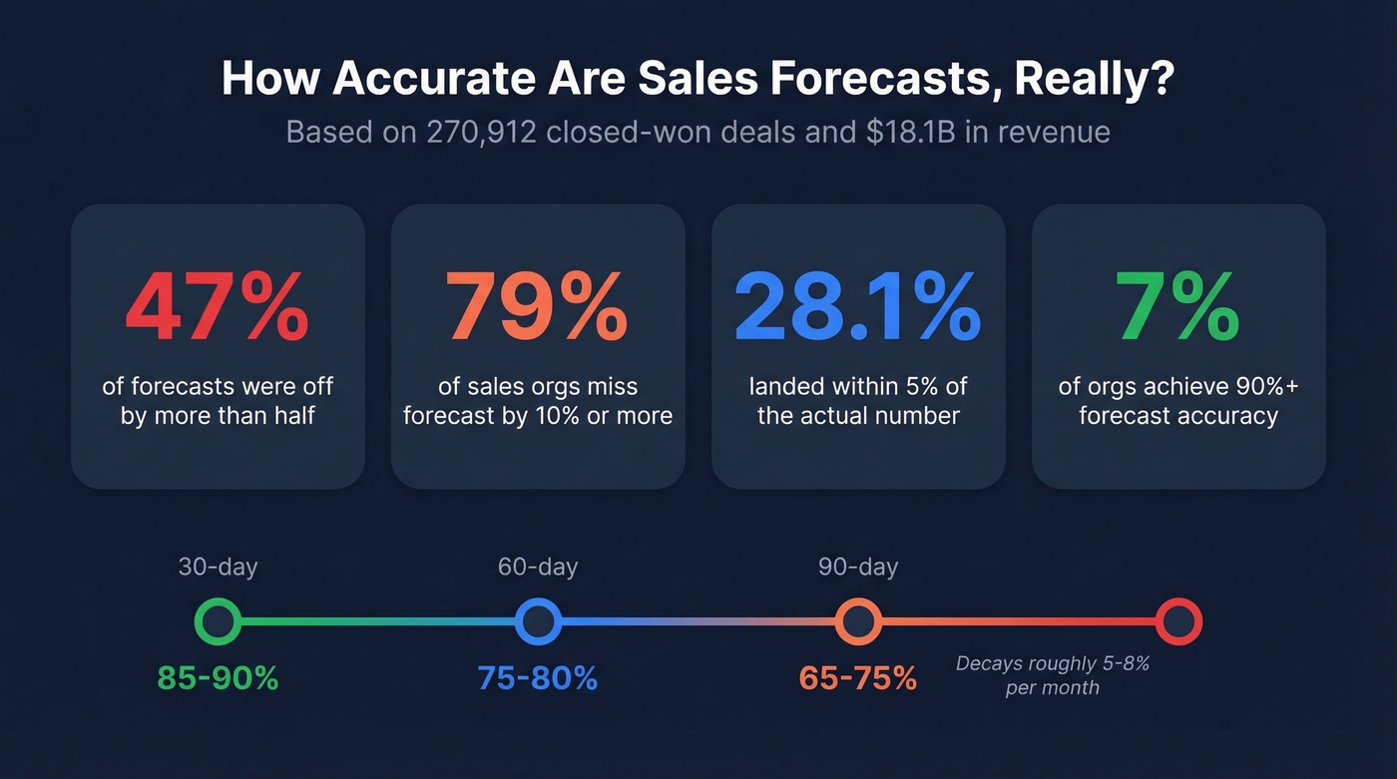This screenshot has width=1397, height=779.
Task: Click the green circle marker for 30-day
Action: (217, 621)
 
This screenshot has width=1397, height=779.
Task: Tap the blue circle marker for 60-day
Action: (538, 621)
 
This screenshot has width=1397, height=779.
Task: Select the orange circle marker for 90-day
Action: (858, 621)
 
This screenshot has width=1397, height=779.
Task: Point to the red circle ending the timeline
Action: (1178, 621)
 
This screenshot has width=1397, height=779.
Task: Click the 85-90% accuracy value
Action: (218, 678)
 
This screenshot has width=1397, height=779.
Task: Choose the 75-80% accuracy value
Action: (538, 678)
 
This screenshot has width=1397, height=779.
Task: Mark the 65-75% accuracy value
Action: (858, 678)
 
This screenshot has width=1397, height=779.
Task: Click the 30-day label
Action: (218, 568)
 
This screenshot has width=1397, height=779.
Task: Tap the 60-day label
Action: (538, 568)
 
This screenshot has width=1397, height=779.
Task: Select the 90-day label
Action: (858, 568)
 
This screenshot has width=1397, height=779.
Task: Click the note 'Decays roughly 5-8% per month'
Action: (1053, 675)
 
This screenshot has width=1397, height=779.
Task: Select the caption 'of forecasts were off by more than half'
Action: (218, 401)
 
